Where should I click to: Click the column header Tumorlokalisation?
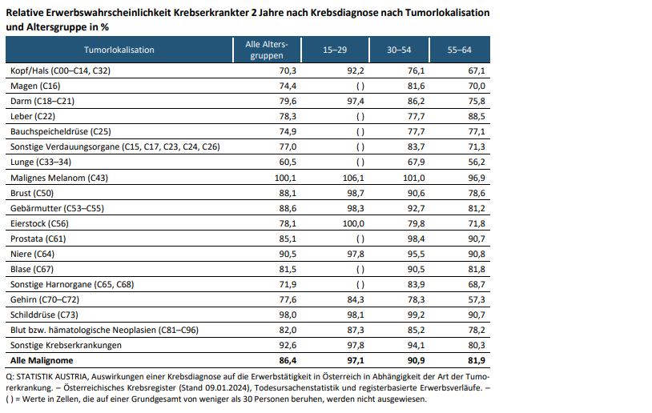tap(119, 50)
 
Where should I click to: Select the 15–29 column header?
tap(335, 50)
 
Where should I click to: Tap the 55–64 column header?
tap(460, 50)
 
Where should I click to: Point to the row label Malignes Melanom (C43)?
tap(58, 177)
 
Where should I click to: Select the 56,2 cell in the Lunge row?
tap(476, 162)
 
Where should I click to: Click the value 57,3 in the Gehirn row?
tap(476, 299)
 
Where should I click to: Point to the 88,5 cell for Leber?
tap(476, 116)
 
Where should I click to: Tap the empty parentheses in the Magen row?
tap(360, 86)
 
